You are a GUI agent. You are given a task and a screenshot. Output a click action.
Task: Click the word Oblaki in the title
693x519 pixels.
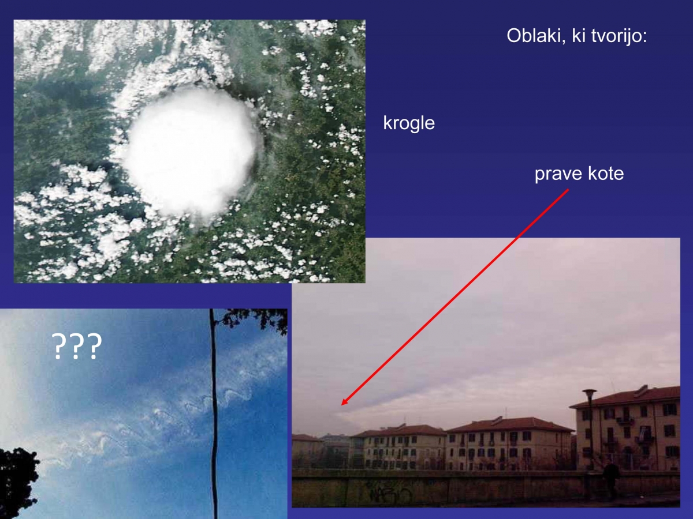click(534, 36)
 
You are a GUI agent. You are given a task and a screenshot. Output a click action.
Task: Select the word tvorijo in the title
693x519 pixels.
click(616, 36)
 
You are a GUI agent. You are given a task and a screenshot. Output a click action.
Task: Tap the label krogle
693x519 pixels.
click(409, 123)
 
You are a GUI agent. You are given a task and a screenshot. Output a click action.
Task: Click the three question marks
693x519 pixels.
click(77, 346)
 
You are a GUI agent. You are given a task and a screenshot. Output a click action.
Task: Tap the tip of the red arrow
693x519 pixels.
click(342, 405)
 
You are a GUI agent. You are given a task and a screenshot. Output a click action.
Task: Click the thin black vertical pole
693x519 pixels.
click(214, 413)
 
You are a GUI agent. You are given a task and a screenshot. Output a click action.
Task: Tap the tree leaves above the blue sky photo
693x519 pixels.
click(252, 320)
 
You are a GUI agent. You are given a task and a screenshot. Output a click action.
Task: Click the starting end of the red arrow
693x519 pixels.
click(569, 189)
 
